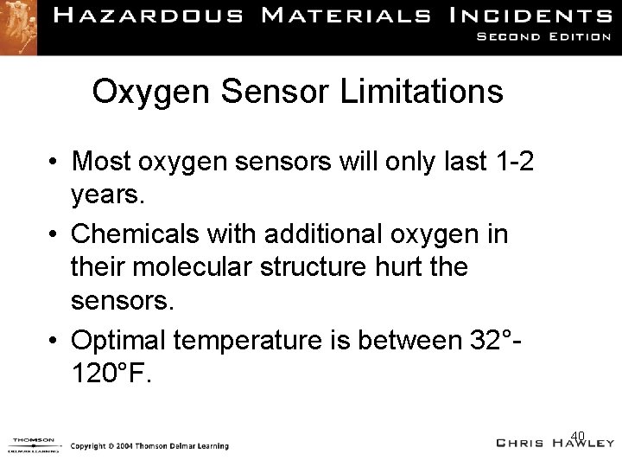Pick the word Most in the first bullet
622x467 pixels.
[101, 161]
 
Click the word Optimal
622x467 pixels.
[120, 340]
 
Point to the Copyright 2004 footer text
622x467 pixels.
[149, 445]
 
